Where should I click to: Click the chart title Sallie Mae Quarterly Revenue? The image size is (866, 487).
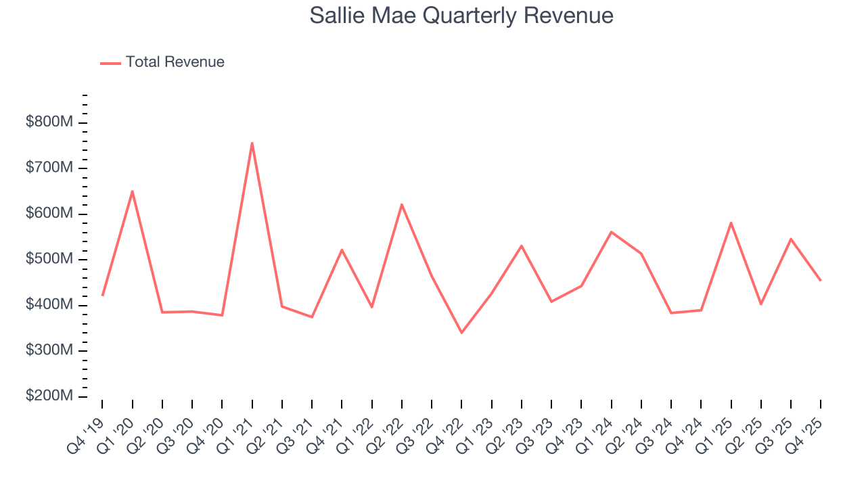tap(461, 16)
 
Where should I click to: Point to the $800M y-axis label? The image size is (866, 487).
tap(49, 122)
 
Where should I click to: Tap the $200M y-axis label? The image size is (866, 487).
tap(49, 396)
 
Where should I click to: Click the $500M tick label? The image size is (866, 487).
tap(49, 259)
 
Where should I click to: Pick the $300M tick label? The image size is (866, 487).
tap(49, 350)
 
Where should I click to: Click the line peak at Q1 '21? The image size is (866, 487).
tap(252, 143)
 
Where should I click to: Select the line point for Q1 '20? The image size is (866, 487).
tap(132, 191)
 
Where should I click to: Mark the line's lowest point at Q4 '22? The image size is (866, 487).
tap(461, 333)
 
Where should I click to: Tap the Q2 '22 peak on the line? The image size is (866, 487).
tap(402, 204)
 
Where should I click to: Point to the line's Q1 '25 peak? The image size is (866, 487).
tap(731, 223)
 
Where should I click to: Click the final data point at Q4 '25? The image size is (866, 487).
tap(821, 280)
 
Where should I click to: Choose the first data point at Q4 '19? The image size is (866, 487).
tap(102, 295)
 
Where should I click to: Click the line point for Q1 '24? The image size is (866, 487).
tap(611, 232)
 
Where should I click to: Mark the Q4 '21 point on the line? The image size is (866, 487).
tap(342, 250)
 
